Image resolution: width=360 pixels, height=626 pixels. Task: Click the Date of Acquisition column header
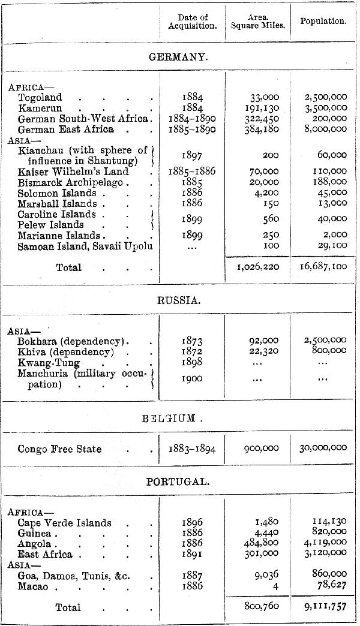pos(192,22)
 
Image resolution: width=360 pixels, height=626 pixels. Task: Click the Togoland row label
pos(40,97)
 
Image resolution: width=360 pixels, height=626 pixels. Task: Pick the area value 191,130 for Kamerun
pos(263,108)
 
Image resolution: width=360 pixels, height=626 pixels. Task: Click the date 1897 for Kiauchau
pos(192,155)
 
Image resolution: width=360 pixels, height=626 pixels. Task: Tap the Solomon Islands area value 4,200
pos(267,193)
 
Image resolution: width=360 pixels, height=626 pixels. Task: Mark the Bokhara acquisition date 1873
pos(192,341)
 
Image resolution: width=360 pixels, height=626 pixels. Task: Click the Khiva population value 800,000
pos(329,351)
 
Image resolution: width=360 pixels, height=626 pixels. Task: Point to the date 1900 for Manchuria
pos(192,378)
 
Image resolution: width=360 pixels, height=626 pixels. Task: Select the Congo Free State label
pos(59,449)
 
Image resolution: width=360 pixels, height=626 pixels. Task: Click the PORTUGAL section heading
pos(178,482)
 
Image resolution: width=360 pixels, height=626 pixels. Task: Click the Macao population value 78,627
pos(334,586)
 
